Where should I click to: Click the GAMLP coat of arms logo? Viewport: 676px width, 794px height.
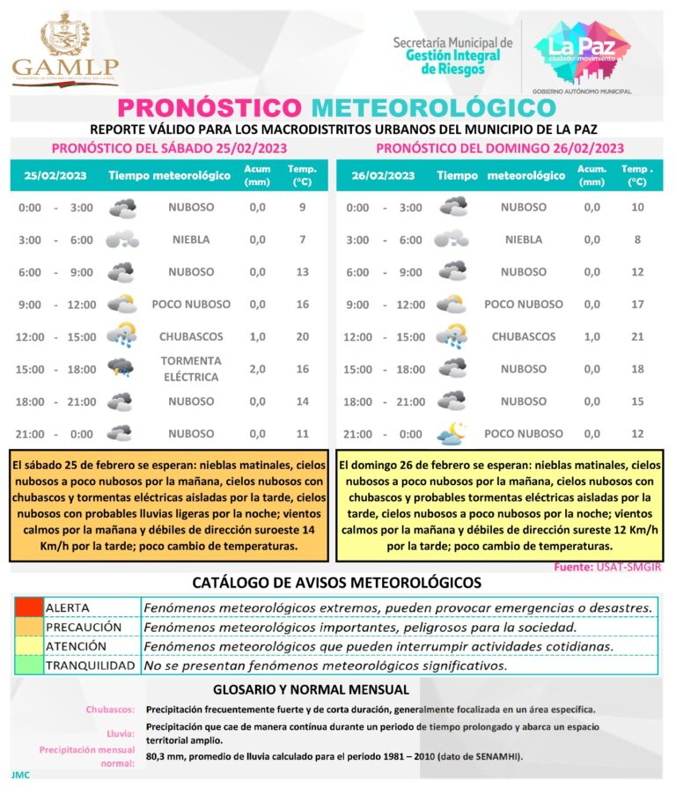coord(65,48)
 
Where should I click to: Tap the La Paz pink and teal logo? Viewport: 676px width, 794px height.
coord(582,51)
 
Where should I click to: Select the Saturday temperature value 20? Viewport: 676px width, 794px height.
coord(302,336)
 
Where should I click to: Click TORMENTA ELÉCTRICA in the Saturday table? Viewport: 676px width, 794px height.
coord(191,369)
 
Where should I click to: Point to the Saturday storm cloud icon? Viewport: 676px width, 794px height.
coord(121,368)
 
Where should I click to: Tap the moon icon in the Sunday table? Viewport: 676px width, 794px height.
coord(452,433)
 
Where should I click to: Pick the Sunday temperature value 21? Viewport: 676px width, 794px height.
coord(637,336)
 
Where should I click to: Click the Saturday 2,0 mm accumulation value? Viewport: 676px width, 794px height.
coord(257,369)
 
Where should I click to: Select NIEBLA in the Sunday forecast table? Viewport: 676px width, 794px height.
coord(524,239)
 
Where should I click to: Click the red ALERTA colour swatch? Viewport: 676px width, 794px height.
coord(28,607)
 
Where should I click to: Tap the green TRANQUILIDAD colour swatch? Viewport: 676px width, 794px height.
coord(28,665)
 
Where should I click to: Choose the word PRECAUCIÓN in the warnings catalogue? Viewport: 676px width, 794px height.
coord(84,627)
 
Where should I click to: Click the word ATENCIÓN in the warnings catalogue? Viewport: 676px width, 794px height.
coord(77,646)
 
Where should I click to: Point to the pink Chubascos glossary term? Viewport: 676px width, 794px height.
coord(110,709)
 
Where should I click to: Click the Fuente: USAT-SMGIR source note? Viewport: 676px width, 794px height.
coord(606,568)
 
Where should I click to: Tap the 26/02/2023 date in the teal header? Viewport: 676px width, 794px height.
coord(383,175)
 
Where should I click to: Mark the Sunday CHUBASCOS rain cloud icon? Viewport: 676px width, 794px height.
coord(452,336)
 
